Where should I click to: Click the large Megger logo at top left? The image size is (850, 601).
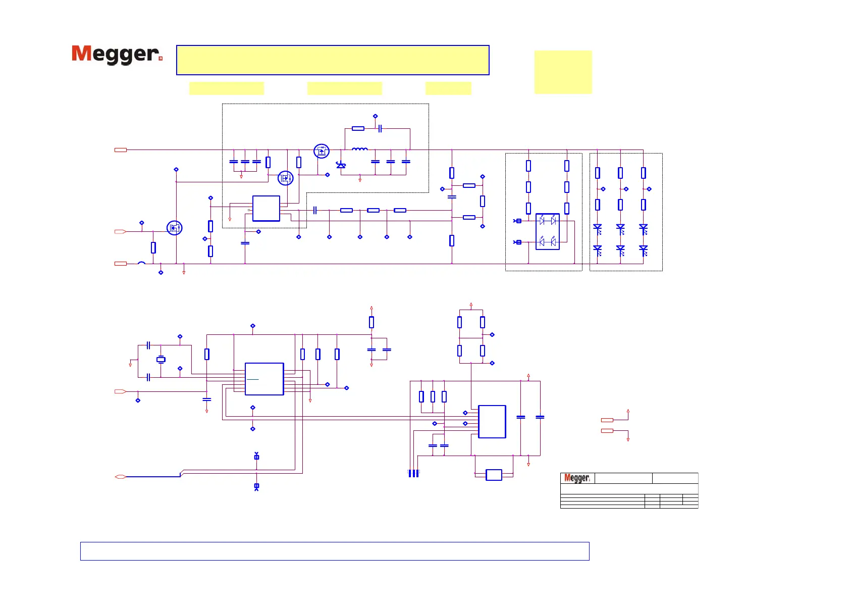click(117, 54)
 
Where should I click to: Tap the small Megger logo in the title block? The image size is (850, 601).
click(577, 478)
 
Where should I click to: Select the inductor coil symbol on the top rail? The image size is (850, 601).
click(360, 149)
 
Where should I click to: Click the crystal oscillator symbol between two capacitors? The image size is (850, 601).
click(161, 360)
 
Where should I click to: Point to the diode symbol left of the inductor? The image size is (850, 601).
click(341, 165)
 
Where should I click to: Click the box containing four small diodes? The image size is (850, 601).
click(548, 231)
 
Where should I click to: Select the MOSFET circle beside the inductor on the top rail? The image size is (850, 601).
click(322, 151)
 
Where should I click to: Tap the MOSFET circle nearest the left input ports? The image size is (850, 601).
click(174, 228)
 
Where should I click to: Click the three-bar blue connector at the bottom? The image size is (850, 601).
click(413, 473)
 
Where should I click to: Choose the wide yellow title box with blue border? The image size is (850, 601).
click(333, 60)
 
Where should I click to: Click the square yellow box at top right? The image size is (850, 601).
click(563, 72)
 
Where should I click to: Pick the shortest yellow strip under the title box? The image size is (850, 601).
click(448, 88)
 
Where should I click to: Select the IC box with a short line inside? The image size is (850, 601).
click(264, 379)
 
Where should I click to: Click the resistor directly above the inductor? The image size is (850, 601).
click(358, 129)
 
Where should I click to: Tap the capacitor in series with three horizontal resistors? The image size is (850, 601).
click(315, 210)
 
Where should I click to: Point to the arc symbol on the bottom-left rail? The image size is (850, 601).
click(142, 263)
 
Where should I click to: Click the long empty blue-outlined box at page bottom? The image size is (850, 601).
click(335, 551)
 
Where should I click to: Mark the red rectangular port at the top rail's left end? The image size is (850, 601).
click(120, 150)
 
